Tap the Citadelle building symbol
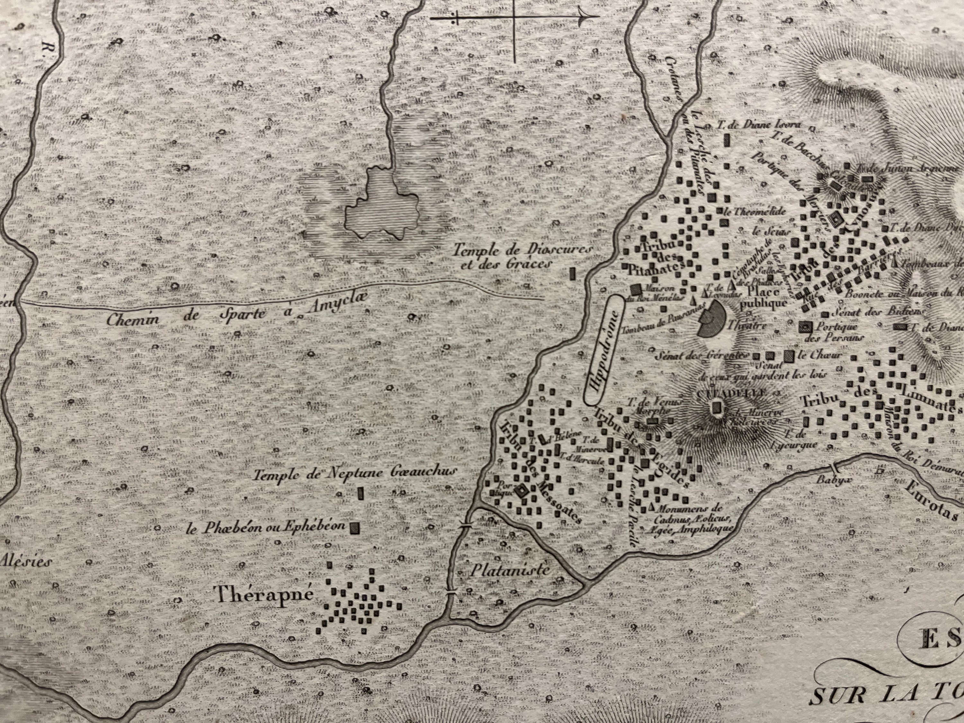coord(716,407)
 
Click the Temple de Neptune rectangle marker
coord(361,493)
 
